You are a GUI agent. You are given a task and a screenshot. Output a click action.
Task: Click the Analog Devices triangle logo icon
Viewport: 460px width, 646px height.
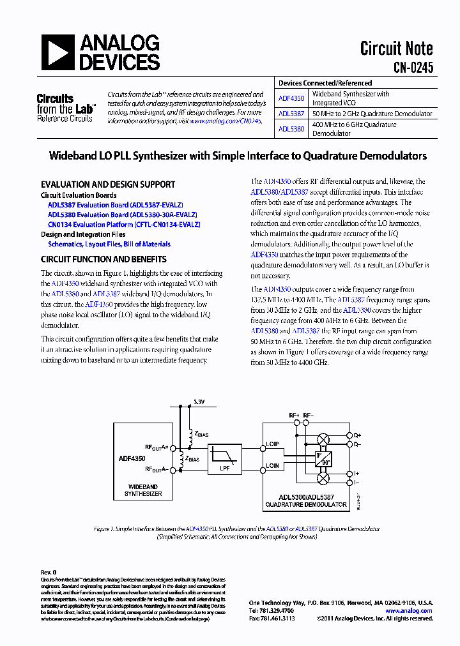[58, 52]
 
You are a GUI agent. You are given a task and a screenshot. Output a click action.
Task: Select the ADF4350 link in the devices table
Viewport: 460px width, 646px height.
[291, 99]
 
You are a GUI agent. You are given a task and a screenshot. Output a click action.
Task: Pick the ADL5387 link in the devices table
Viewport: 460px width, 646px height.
[291, 114]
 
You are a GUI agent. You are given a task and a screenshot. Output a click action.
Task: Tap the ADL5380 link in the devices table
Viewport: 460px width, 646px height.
[291, 128]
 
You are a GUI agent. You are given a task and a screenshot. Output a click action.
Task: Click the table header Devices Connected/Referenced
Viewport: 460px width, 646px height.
[325, 83]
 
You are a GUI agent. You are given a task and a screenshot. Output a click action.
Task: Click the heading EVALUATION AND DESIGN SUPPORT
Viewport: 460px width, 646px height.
[107, 184]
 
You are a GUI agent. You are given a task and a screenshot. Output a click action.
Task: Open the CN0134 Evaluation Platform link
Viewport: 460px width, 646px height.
[124, 225]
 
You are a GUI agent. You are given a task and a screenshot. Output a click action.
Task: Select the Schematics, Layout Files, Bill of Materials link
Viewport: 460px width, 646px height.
[109, 244]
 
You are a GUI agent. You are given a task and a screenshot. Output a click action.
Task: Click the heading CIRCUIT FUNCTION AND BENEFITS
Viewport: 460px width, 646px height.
[103, 260]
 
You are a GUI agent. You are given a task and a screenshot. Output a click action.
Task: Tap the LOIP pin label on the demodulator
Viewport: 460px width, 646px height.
[273, 444]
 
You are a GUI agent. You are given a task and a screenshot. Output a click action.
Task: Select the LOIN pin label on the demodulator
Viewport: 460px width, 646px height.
[273, 466]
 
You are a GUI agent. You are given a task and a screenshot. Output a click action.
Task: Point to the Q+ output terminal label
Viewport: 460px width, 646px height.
[357, 434]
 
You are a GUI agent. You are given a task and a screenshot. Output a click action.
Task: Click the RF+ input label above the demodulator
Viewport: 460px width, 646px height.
[294, 416]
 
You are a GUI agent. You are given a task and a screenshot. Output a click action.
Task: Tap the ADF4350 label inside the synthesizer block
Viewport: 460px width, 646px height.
[132, 458]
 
